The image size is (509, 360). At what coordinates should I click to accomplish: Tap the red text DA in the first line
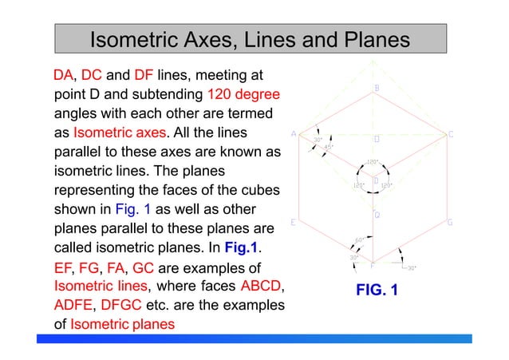pyautogui.click(x=63, y=77)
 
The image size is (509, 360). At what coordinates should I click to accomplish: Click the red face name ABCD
pyautogui.click(x=262, y=286)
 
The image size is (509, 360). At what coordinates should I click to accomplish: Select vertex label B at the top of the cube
pyautogui.click(x=377, y=88)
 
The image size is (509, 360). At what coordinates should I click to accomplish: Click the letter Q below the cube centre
pyautogui.click(x=377, y=215)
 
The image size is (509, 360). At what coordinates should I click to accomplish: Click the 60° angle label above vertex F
pyautogui.click(x=359, y=240)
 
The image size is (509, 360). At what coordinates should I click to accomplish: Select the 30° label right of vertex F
pyautogui.click(x=412, y=269)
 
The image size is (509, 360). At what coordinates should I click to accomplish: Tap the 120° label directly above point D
pyautogui.click(x=373, y=162)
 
